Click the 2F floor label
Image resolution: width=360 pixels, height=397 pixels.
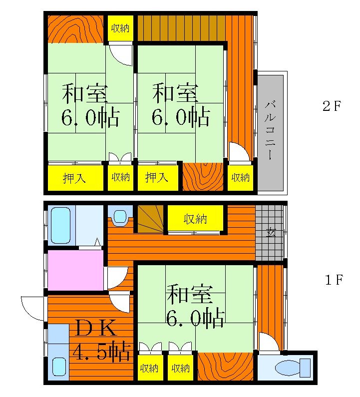click(x=332, y=106)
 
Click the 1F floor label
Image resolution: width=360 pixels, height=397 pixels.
click(x=334, y=280)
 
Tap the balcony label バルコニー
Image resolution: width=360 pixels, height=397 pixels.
click(x=271, y=130)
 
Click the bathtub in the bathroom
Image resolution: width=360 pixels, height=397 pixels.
click(x=60, y=225)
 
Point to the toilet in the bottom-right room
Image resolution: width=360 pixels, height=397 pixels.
click(x=293, y=368)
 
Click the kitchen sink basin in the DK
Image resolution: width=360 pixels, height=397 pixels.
click(x=59, y=367)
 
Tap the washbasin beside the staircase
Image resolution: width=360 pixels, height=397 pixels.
click(x=120, y=217)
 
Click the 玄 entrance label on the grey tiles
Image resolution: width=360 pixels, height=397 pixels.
click(x=271, y=232)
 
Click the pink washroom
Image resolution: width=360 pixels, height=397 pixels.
click(x=75, y=270)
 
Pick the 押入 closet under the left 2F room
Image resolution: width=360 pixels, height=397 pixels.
click(x=75, y=178)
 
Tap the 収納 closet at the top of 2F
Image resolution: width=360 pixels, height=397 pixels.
click(x=120, y=28)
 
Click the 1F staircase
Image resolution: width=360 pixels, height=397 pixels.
click(x=150, y=219)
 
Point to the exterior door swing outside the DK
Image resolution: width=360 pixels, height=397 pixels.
click(x=32, y=308)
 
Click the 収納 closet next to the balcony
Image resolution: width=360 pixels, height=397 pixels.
click(x=240, y=178)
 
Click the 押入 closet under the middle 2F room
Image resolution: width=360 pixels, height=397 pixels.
click(x=157, y=178)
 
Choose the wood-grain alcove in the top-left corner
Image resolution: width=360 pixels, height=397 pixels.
click(x=75, y=29)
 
